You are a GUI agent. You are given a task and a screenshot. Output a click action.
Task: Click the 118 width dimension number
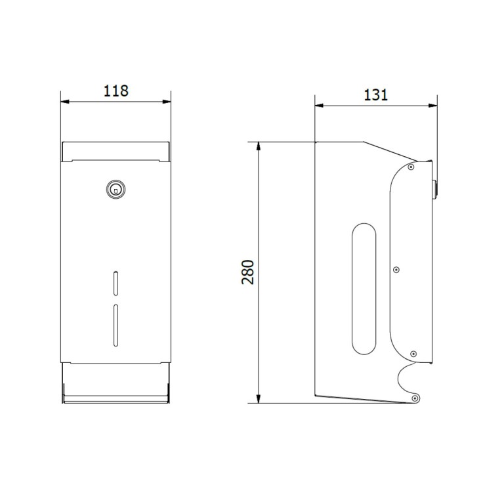[115, 91]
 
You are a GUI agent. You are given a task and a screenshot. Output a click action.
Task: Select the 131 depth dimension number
[375, 94]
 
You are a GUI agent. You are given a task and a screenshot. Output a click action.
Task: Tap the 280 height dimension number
[248, 271]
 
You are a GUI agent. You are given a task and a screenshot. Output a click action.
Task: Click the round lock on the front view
[115, 189]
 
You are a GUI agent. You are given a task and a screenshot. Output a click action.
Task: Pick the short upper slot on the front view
[115, 282]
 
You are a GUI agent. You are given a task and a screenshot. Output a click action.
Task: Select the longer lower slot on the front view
[115, 325]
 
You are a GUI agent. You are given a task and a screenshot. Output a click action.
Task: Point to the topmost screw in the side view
[411, 167]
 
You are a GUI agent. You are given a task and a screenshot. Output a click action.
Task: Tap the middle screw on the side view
[396, 269]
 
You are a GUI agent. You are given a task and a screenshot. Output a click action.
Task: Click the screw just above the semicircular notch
[413, 354]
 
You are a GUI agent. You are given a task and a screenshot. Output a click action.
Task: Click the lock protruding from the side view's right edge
[434, 188]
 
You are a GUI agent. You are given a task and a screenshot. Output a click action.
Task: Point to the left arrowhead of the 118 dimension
[64, 102]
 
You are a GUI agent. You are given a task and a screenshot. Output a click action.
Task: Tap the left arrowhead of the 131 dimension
[319, 105]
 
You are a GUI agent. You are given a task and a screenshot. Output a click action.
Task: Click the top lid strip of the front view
[115, 151]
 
